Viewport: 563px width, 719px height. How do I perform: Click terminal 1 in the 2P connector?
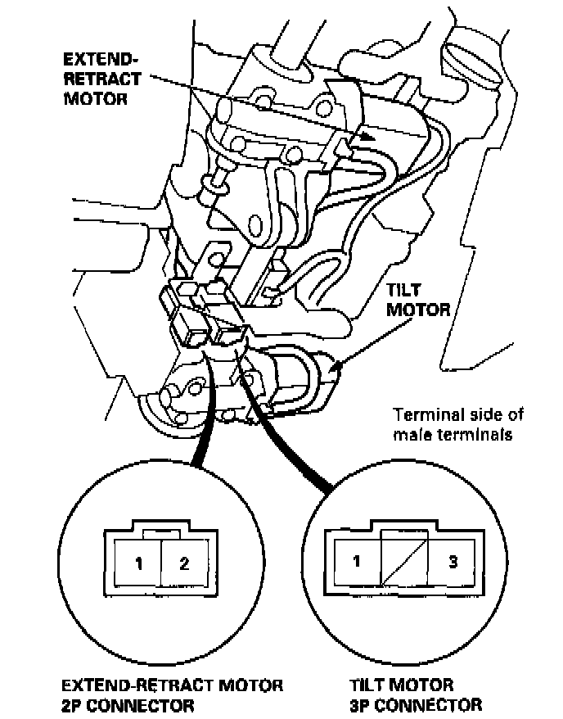coord(140,563)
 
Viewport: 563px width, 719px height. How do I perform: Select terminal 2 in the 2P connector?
coord(183,563)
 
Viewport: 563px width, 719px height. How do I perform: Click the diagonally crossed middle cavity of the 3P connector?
coord(405,562)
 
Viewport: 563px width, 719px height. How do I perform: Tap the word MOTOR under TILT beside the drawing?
coord(418,310)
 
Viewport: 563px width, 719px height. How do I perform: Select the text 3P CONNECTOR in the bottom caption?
coord(416,703)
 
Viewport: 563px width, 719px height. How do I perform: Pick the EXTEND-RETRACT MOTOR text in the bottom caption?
coord(173,684)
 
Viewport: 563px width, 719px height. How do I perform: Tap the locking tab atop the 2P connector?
coord(160,532)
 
